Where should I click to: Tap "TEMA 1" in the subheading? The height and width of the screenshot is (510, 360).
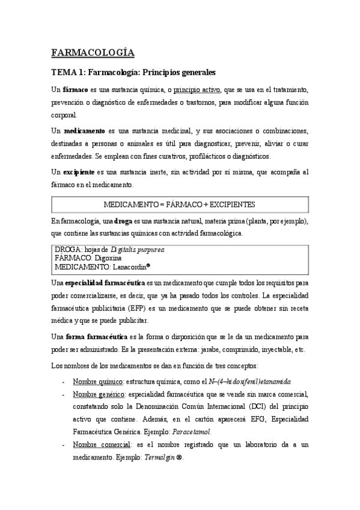(x=67, y=73)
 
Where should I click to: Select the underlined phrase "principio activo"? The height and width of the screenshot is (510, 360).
(x=195, y=90)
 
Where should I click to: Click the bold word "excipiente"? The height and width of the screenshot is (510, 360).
(x=82, y=173)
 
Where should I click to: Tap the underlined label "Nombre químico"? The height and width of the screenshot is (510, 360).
(x=98, y=381)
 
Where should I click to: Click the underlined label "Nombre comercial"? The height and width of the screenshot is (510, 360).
(x=102, y=444)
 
